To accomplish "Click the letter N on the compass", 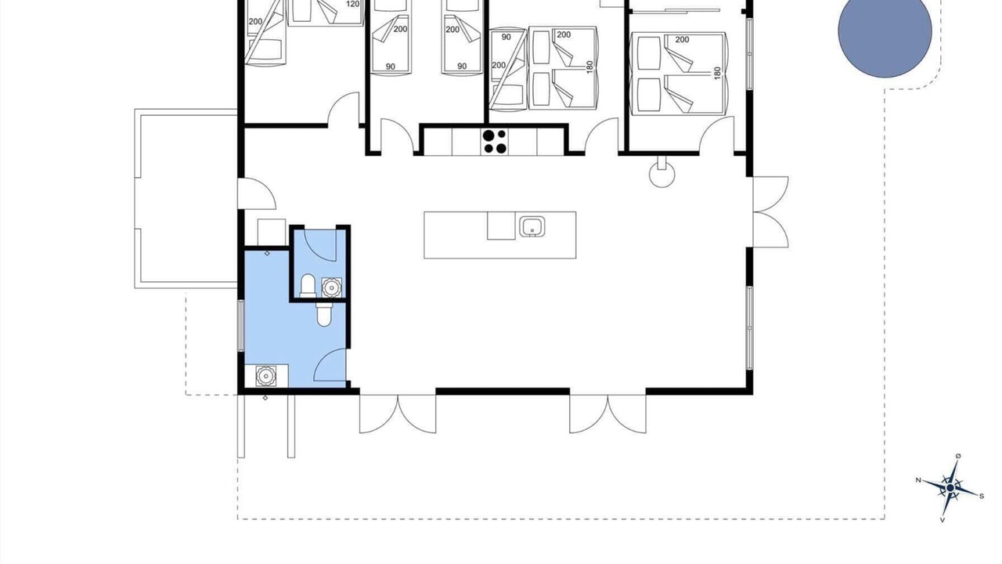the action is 918,480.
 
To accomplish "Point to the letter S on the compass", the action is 982,496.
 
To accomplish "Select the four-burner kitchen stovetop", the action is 494,141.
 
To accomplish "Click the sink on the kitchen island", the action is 532,226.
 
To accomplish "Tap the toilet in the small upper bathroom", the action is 308,286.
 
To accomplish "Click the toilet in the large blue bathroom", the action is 324,314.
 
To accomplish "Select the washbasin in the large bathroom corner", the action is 265,376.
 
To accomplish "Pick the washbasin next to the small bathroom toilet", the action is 331,287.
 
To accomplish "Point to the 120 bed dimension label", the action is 353,4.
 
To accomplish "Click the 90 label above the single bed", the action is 506,37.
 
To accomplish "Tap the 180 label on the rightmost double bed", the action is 718,74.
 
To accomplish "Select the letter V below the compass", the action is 943,520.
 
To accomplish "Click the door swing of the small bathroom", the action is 320,245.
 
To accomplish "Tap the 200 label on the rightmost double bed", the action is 682,40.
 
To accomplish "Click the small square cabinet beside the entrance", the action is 272,233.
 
